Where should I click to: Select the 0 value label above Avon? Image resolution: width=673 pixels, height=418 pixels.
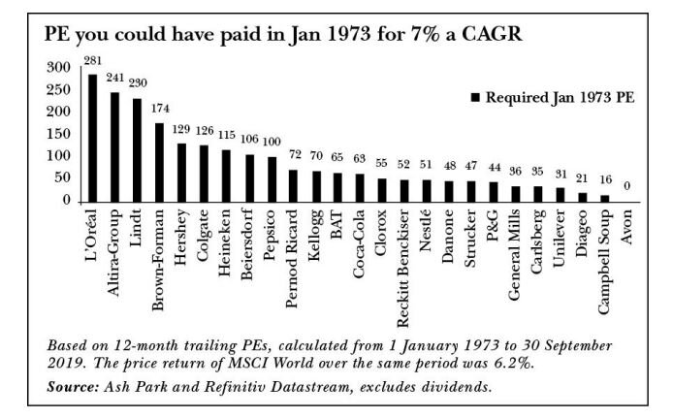pyautogui.click(x=626, y=187)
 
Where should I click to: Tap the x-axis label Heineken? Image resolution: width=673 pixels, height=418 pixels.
pyautogui.click(x=227, y=242)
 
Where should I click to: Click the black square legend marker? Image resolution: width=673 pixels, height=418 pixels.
pyautogui.click(x=475, y=98)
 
